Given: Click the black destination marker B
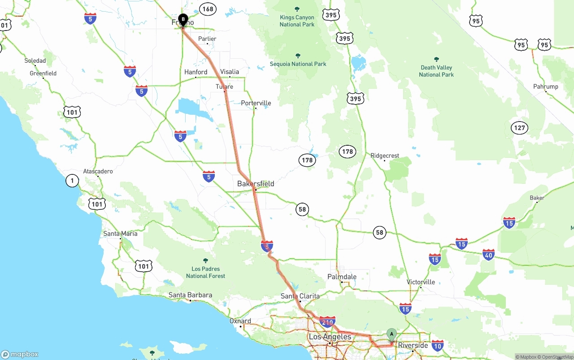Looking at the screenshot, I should [x=183, y=19].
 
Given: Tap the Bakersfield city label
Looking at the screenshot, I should [x=256, y=184].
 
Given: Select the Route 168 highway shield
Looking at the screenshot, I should [x=208, y=9].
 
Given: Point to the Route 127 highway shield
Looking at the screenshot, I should [x=519, y=128].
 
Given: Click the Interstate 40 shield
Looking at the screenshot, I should [x=489, y=255].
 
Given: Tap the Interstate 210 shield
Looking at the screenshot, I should [x=327, y=322].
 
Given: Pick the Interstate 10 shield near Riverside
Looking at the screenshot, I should [x=438, y=345].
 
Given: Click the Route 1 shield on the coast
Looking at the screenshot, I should [x=72, y=181].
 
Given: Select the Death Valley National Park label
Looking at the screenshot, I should [x=436, y=71].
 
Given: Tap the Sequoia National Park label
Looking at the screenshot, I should [x=298, y=64].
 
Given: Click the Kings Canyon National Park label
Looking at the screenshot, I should [x=297, y=21].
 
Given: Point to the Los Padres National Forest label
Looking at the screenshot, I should [x=205, y=272].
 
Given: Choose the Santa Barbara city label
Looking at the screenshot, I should [x=190, y=295].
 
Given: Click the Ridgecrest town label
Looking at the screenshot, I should [x=385, y=156].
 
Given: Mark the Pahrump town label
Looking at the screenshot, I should [x=545, y=87].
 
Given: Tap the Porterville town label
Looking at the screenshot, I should [x=256, y=103].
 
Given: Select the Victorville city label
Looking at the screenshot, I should [x=421, y=282].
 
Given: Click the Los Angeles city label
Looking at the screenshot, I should [x=330, y=337].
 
